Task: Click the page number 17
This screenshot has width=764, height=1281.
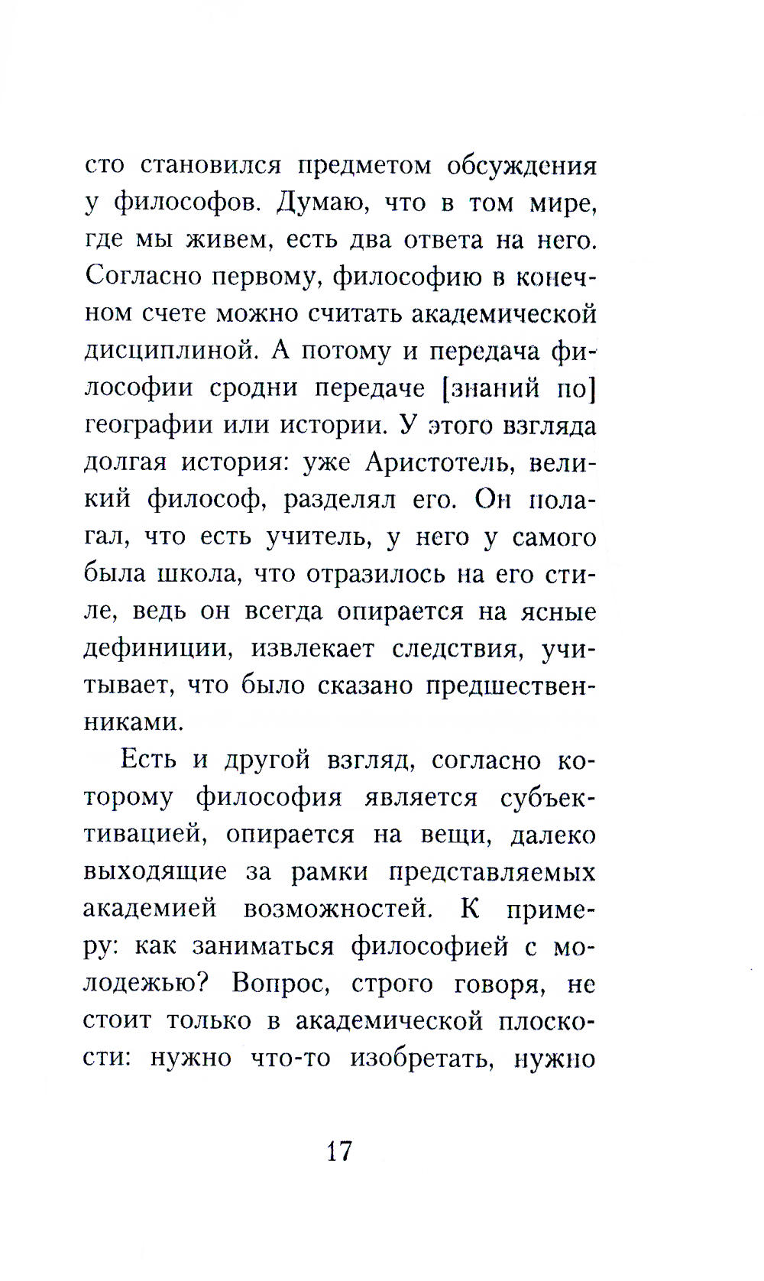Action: [x=338, y=1150]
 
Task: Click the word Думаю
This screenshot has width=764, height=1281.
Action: [x=320, y=203]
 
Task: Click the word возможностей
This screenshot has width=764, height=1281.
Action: [x=335, y=909]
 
